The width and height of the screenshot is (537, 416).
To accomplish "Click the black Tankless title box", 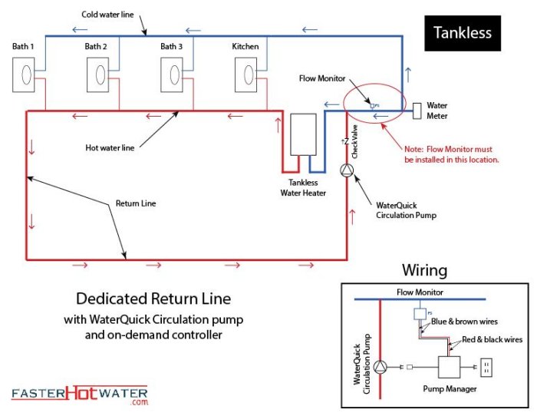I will (462, 33).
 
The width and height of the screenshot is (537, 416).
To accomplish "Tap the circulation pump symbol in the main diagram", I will (348, 170).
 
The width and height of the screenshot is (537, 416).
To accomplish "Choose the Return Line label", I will (137, 204).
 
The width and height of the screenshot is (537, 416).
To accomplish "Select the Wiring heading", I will (424, 270).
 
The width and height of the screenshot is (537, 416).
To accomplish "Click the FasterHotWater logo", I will (79, 395).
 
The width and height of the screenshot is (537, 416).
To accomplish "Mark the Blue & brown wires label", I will (466, 322).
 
